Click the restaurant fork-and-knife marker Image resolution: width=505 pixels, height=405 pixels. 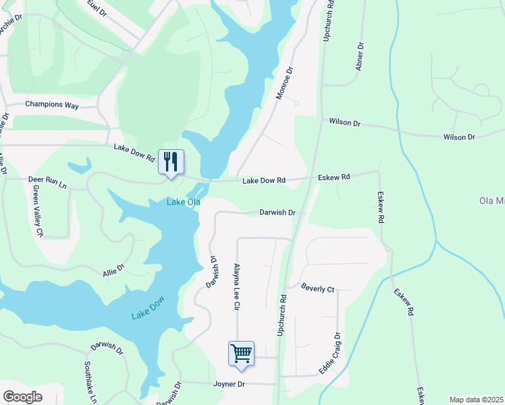tap(171, 162)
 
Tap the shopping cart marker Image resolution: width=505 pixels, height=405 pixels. tap(241, 353)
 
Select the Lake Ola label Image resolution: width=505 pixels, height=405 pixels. tap(184, 202)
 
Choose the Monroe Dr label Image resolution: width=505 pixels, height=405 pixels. tap(284, 84)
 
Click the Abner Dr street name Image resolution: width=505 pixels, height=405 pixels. tap(360, 57)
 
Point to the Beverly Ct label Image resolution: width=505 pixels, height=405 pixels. tap(318, 288)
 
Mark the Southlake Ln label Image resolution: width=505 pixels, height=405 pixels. tap(90, 382)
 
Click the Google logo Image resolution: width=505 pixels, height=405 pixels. tap(22, 396)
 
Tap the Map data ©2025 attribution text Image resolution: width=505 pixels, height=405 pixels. tap(476, 400)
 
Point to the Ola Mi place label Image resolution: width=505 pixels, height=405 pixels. tap(491, 201)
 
